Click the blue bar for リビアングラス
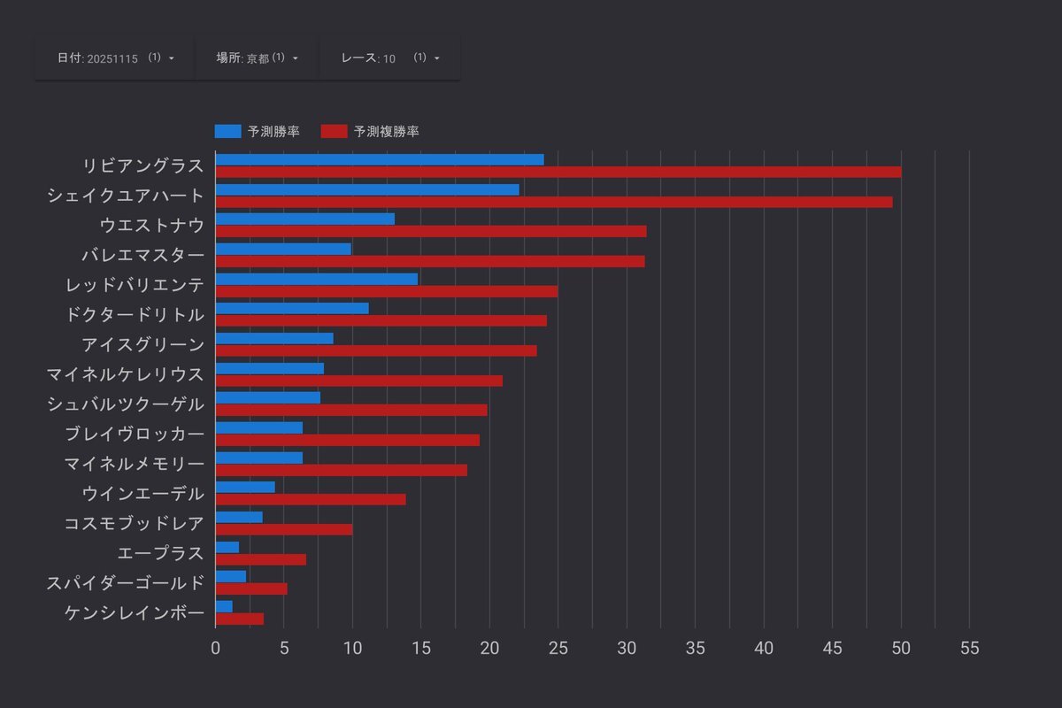click(x=379, y=159)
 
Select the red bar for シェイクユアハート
click(x=553, y=202)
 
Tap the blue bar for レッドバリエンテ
click(x=316, y=279)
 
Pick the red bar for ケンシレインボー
click(x=239, y=619)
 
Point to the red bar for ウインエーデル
click(x=310, y=500)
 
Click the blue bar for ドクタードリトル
click(x=291, y=309)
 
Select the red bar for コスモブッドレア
click(x=283, y=529)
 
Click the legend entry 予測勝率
click(x=257, y=132)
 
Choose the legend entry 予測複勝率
click(x=370, y=132)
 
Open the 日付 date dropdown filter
click(x=115, y=58)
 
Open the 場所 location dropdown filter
click(x=257, y=58)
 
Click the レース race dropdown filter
click(x=389, y=58)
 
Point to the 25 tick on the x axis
click(x=558, y=649)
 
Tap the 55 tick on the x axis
click(x=970, y=649)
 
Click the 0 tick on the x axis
click(x=215, y=649)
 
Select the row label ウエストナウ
click(x=151, y=226)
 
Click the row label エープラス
click(x=160, y=553)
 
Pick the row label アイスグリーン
click(x=142, y=344)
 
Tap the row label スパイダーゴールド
click(x=125, y=583)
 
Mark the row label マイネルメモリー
click(x=134, y=464)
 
